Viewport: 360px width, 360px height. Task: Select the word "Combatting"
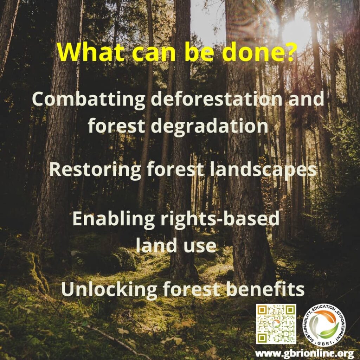click(x=89, y=99)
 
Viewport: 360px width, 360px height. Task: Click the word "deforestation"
click(x=217, y=99)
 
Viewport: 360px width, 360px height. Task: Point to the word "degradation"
click(x=210, y=126)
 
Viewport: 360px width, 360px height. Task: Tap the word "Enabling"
click(x=114, y=219)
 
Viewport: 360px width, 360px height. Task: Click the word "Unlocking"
click(x=109, y=289)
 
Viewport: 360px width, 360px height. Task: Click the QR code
click(x=276, y=324)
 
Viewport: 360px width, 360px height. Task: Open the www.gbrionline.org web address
click(x=304, y=353)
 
